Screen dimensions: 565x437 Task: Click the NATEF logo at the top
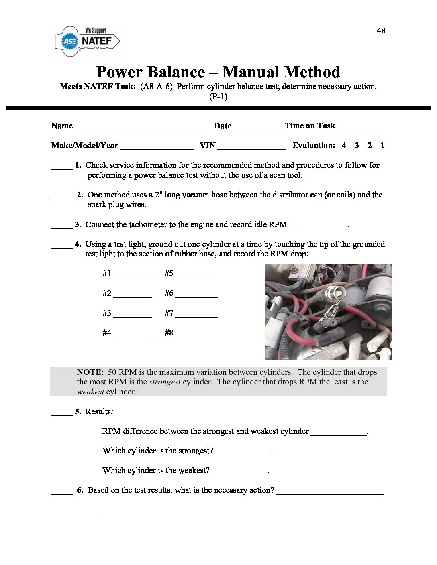(87, 41)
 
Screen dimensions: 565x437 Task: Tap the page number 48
(381, 30)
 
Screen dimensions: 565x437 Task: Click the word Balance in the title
(176, 72)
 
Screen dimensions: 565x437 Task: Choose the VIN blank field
(252, 147)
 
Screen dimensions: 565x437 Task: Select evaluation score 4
(344, 145)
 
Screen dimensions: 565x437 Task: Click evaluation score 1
(382, 145)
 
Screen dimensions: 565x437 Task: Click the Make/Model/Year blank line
(157, 147)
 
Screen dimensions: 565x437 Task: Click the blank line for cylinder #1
(133, 276)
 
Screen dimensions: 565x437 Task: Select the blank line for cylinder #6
(197, 295)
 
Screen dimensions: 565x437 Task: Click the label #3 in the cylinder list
(106, 313)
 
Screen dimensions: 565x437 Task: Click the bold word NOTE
(90, 372)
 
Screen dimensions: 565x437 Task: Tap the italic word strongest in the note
(165, 382)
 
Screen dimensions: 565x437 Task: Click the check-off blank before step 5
(62, 413)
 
